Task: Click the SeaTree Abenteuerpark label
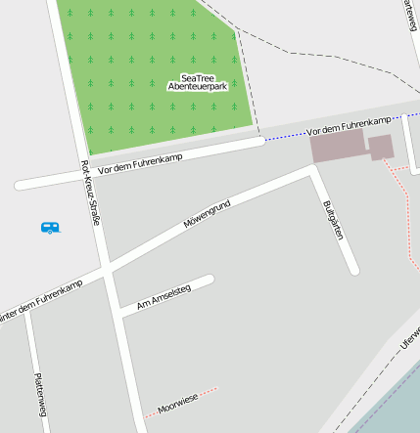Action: click(198, 82)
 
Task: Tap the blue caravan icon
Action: click(50, 227)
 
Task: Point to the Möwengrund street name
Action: click(207, 214)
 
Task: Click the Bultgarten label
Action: click(333, 220)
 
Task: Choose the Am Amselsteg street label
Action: click(163, 298)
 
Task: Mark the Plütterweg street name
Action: click(38, 396)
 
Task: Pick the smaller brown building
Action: click(381, 148)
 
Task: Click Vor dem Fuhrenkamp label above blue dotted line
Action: click(349, 124)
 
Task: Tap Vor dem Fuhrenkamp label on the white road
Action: click(141, 163)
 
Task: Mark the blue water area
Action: click(392, 406)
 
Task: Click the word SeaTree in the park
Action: click(198, 77)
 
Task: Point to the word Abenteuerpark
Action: click(198, 87)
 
